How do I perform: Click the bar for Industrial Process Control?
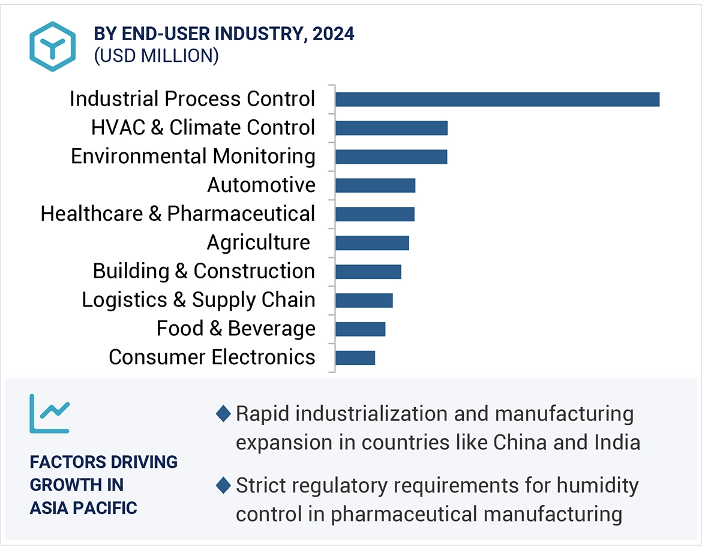[497, 100]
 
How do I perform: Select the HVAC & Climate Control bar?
[391, 128]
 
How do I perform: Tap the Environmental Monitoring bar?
[391, 157]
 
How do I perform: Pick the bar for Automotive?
[375, 185]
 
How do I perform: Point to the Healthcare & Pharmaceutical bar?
[375, 214]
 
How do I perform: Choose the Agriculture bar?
[372, 243]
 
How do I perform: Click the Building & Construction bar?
[368, 272]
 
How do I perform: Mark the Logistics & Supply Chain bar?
[364, 300]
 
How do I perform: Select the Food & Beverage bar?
[360, 329]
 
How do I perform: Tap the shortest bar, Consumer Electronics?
[355, 358]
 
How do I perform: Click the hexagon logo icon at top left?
[53, 47]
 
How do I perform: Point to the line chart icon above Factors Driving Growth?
[50, 413]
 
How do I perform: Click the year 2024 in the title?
[334, 34]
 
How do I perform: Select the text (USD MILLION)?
[156, 56]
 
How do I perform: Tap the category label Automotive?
[261, 185]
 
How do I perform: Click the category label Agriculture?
[258, 243]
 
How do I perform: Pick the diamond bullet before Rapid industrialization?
[223, 414]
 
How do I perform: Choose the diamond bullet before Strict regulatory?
[223, 485]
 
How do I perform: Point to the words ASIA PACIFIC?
[83, 507]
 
